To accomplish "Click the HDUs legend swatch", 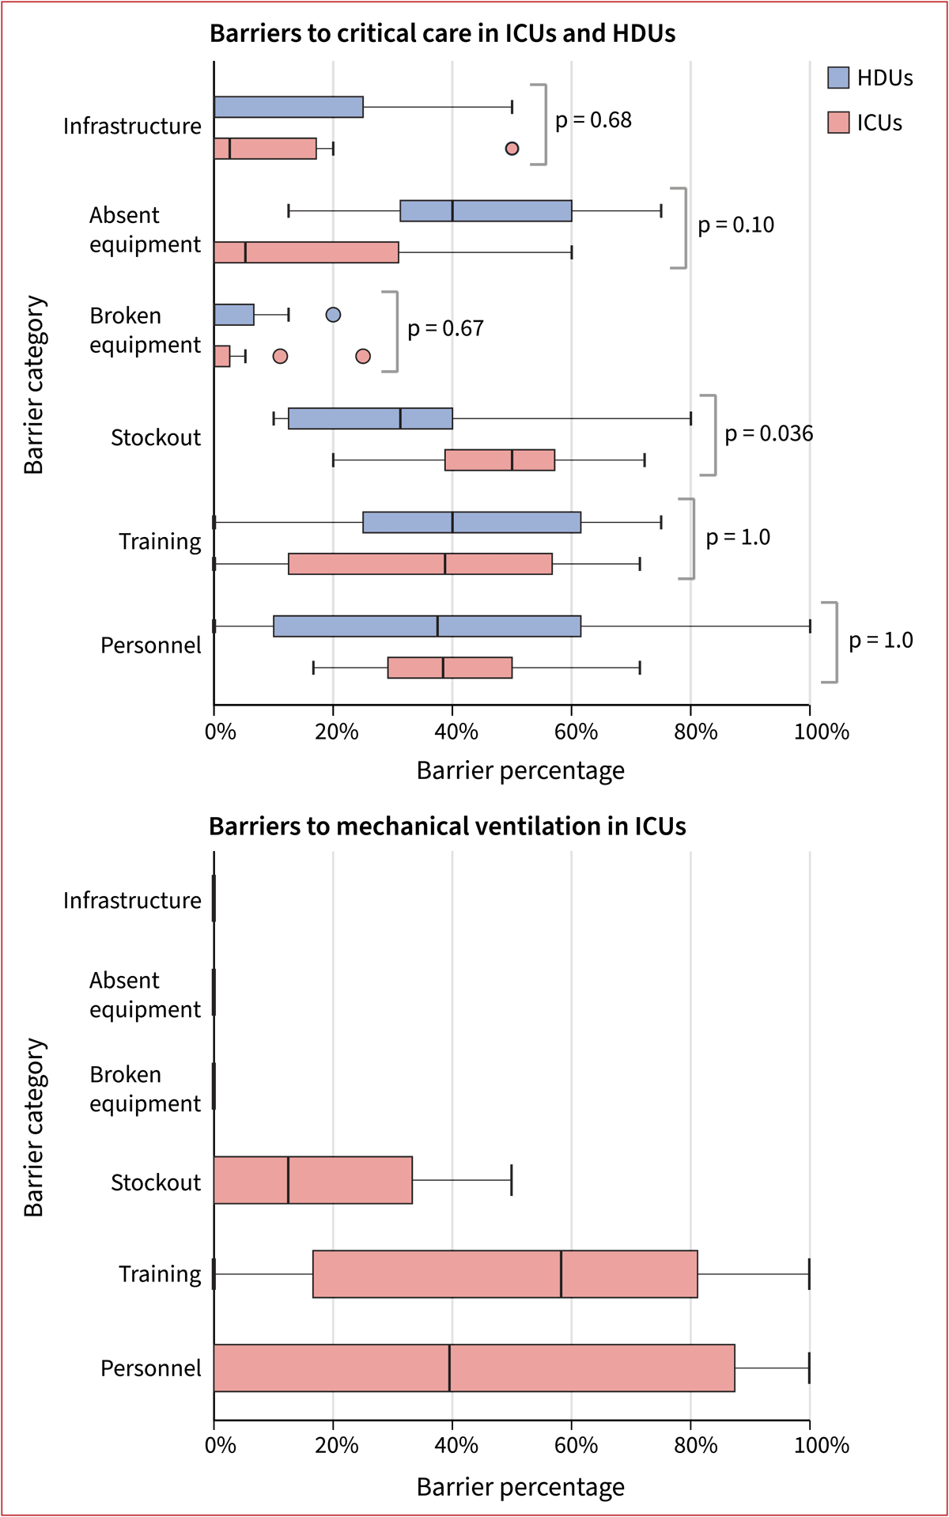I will pos(838,78).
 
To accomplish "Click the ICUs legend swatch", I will pos(838,123).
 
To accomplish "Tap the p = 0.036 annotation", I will pos(769,433).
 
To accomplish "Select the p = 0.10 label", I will pos(735,225).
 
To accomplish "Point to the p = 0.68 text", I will pos(593,120).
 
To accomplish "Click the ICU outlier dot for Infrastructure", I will pos(512,149).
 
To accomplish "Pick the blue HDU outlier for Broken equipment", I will pos(333,315).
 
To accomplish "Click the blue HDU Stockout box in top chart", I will pos(370,418).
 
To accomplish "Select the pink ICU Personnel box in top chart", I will pos(449,668).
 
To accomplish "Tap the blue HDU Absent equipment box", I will pos(486,211).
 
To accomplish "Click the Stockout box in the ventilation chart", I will pos(312,1180).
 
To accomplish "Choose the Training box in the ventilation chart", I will pos(505,1274).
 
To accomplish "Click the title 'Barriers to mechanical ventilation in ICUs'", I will pos(447,827).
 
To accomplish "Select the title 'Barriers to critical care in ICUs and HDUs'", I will pos(442,33).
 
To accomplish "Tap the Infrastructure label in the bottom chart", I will pos(132,901).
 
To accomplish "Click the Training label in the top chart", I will pos(160,542).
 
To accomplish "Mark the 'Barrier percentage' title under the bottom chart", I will pos(520,1488).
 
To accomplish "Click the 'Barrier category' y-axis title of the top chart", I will pos(34,384).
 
